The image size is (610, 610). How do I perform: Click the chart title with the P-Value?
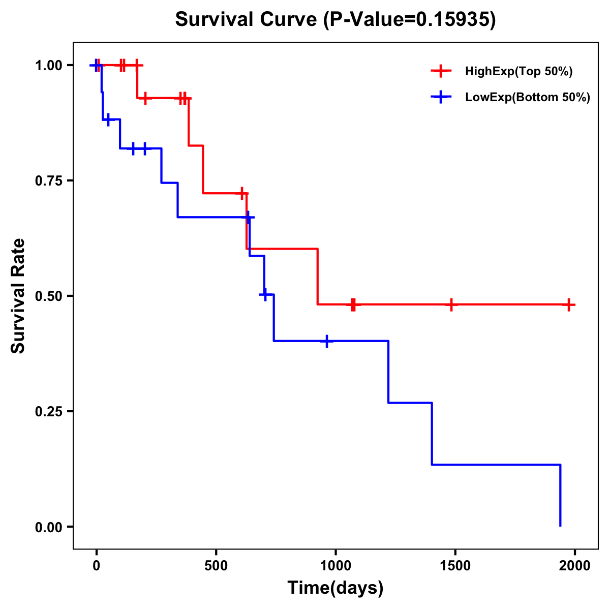(335, 20)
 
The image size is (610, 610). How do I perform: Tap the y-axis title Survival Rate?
(18, 296)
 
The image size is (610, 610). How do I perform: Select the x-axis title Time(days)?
(335, 588)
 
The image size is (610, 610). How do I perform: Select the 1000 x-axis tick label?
(335, 566)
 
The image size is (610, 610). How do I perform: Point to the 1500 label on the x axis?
(455, 566)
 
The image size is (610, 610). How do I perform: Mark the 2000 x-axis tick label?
(574, 566)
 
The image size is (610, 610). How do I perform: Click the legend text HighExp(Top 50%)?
(518, 72)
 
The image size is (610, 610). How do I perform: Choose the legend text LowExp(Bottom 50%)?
(528, 98)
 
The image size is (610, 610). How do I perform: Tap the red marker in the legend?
(441, 71)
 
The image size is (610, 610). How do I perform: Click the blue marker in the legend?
(441, 97)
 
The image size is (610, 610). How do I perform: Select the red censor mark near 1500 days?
(451, 304)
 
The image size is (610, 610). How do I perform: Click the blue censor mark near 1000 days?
(326, 341)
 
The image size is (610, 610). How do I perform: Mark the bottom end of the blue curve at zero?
(560, 526)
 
